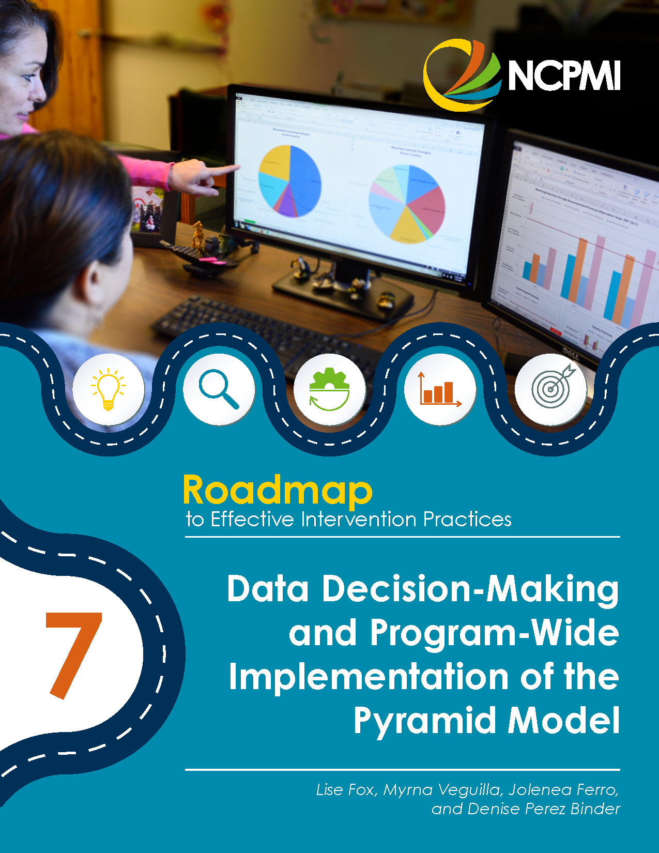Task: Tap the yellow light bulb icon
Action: tap(108, 389)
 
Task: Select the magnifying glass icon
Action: tap(219, 389)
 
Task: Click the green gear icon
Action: tap(329, 389)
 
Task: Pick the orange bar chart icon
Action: tap(440, 389)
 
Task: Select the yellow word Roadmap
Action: tap(278, 490)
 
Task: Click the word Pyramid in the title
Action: tap(424, 720)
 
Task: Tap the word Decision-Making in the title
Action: tap(470, 589)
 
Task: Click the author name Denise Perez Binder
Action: tap(543, 809)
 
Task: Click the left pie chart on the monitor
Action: tap(289, 180)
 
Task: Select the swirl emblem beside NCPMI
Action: tap(462, 75)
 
